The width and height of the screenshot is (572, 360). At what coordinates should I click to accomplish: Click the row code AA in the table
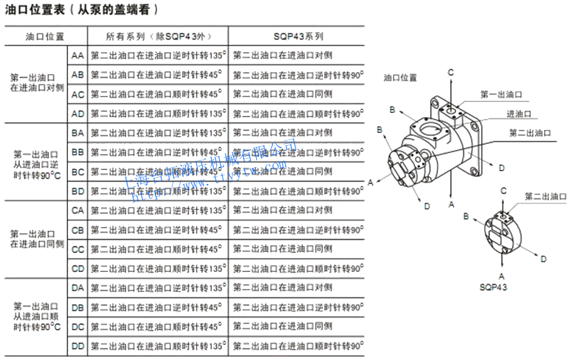(x=78, y=56)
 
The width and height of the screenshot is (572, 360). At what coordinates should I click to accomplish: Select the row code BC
(x=78, y=172)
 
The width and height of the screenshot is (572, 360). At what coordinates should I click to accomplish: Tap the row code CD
(x=78, y=268)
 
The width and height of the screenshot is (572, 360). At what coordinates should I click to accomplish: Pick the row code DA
(x=78, y=288)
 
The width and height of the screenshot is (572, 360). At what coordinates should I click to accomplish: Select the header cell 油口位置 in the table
(x=45, y=36)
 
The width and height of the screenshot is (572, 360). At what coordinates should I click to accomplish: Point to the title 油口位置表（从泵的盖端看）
(x=82, y=10)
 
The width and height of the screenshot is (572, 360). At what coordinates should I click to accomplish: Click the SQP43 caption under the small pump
(x=493, y=287)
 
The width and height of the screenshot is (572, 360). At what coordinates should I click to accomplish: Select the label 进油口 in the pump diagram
(x=519, y=114)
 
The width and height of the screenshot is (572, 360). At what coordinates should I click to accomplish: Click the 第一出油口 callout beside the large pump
(x=501, y=95)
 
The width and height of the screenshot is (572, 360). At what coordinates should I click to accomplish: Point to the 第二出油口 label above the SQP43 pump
(x=545, y=197)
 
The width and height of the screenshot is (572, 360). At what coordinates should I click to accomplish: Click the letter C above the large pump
(x=451, y=73)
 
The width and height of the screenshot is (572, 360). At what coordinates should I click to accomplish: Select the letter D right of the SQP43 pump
(x=543, y=259)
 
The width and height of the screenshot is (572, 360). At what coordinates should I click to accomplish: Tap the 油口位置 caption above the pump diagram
(x=400, y=78)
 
